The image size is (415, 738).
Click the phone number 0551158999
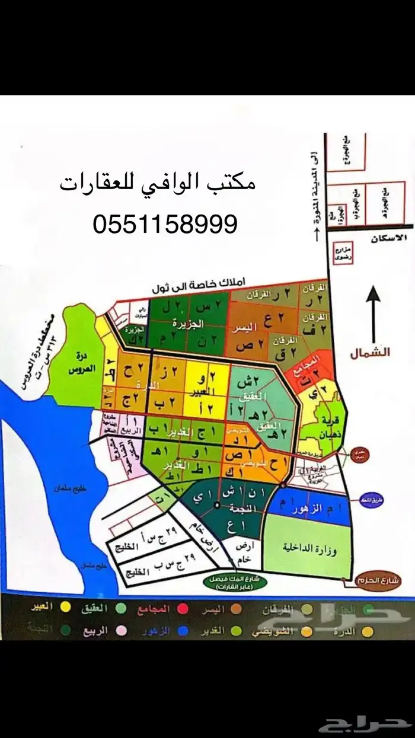tap(165, 224)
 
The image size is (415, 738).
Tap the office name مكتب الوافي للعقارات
tap(158, 183)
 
